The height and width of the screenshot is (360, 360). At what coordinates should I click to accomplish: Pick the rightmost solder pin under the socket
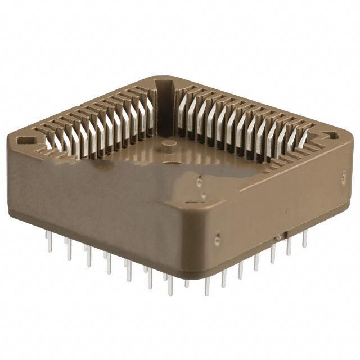point(304,239)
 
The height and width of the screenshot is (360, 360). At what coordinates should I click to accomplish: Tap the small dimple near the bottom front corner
point(217,241)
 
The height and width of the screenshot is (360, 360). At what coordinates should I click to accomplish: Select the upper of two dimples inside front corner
point(200,181)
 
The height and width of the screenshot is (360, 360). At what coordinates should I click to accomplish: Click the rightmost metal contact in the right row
point(304,140)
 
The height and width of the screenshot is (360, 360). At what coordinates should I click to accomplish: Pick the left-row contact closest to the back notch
point(150,115)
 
